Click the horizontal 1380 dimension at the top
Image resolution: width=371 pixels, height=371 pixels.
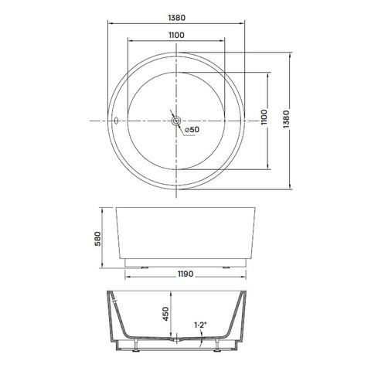pyautogui.click(x=176, y=18)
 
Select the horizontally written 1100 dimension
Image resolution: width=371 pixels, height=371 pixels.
pyautogui.click(x=176, y=35)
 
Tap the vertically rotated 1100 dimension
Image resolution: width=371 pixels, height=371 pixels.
pyautogui.click(x=264, y=117)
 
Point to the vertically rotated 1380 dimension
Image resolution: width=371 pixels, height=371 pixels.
pyautogui.click(x=286, y=119)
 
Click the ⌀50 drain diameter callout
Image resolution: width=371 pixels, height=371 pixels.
pyautogui.click(x=192, y=130)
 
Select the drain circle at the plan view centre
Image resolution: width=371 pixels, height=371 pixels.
pyautogui.click(x=176, y=121)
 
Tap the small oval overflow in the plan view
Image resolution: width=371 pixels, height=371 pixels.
pyautogui.click(x=116, y=121)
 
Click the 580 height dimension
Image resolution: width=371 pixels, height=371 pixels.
pyautogui.click(x=98, y=239)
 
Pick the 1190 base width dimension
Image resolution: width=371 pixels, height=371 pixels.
pyautogui.click(x=185, y=274)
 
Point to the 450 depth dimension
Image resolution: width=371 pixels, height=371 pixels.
pyautogui.click(x=166, y=314)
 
